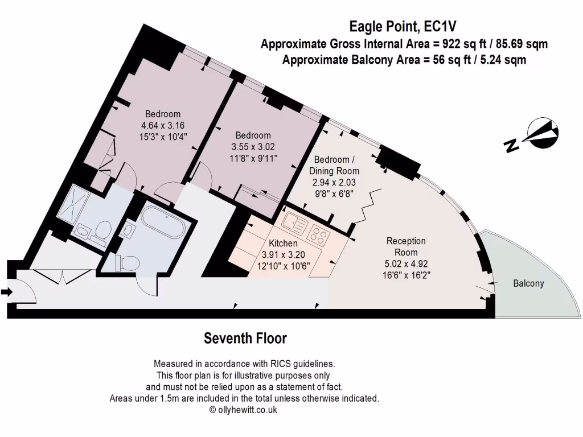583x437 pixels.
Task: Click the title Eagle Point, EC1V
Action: pyautogui.click(x=403, y=26)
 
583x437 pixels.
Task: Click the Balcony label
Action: pyautogui.click(x=528, y=283)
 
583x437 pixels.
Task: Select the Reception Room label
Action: pyautogui.click(x=406, y=247)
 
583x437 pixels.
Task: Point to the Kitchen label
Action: pyautogui.click(x=284, y=244)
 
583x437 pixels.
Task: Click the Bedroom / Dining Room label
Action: pyautogui.click(x=334, y=165)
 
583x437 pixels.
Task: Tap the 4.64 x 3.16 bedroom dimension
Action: pyautogui.click(x=163, y=125)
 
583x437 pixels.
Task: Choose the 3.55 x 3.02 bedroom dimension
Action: pyautogui.click(x=253, y=147)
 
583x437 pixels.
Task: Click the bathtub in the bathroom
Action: pyautogui.click(x=163, y=223)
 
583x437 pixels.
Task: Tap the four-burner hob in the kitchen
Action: pyautogui.click(x=317, y=232)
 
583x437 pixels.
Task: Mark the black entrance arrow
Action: pyautogui.click(x=6, y=292)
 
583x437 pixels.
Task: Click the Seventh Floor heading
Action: pyautogui.click(x=245, y=339)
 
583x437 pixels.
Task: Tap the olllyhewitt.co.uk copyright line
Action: pyautogui.click(x=244, y=410)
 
